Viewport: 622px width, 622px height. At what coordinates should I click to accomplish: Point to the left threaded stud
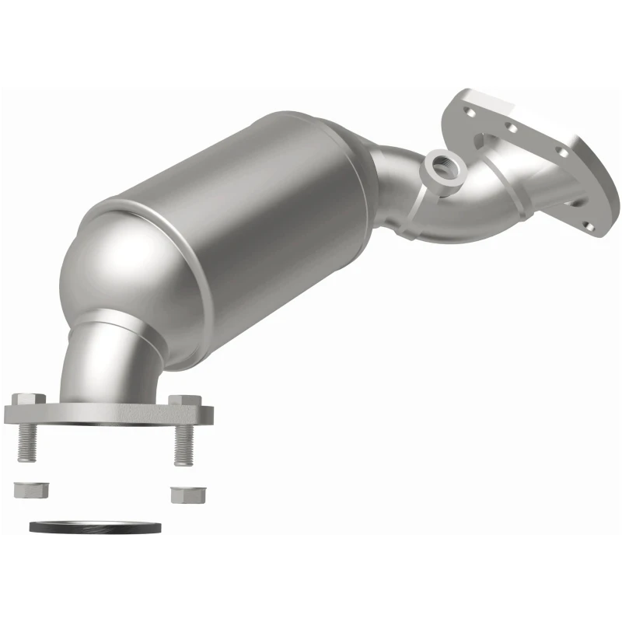coord(25,444)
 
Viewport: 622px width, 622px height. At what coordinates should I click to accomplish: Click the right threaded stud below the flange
coord(183,446)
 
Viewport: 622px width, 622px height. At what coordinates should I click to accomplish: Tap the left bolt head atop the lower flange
coord(23,399)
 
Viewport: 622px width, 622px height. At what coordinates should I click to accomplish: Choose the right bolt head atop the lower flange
coord(184,402)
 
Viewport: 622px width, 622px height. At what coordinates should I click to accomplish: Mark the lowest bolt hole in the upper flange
coord(589,227)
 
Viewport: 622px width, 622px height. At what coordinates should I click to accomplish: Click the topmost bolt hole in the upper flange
coord(470,111)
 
